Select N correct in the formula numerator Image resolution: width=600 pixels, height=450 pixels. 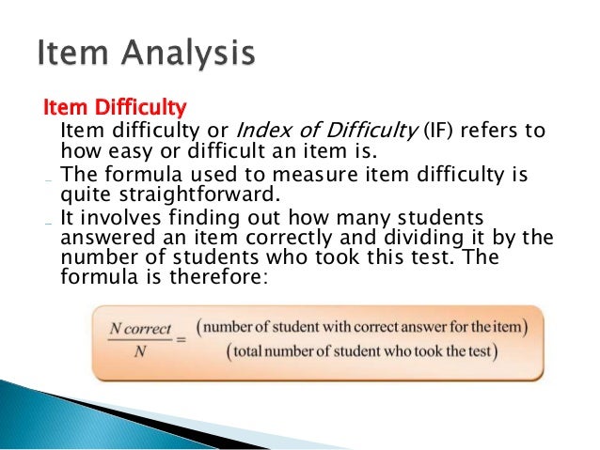[140, 330]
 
